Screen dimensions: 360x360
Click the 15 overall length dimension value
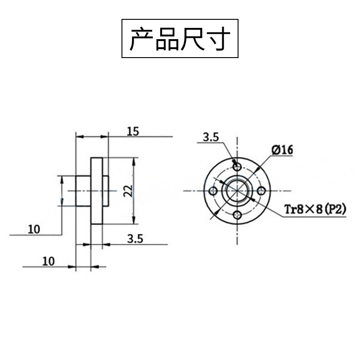click(x=133, y=131)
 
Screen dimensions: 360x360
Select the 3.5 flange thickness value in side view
click(x=135, y=239)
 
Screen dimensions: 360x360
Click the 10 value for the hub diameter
click(x=34, y=229)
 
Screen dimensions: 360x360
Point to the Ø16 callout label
click(x=282, y=150)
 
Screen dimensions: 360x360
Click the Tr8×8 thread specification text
click(x=303, y=210)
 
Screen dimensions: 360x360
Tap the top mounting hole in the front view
click(x=237, y=166)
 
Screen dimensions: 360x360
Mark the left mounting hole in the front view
click(x=212, y=191)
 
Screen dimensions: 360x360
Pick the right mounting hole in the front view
click(x=261, y=191)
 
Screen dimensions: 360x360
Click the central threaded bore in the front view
click(x=237, y=191)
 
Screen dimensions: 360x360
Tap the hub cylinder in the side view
click(x=83, y=191)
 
